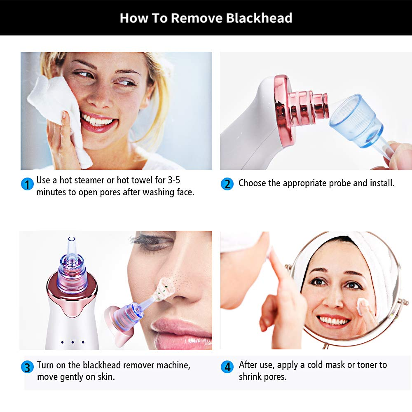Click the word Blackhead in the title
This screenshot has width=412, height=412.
point(259,18)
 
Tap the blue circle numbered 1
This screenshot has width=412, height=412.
point(27,184)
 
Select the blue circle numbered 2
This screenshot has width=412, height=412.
point(227,184)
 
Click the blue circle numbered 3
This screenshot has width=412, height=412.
point(27,367)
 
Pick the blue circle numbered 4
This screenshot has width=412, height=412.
point(227,367)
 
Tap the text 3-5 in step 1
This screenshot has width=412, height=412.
point(174,180)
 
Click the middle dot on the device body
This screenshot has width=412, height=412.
point(73,342)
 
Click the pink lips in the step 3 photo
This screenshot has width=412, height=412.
point(182,332)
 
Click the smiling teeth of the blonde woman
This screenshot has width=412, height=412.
point(97,120)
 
